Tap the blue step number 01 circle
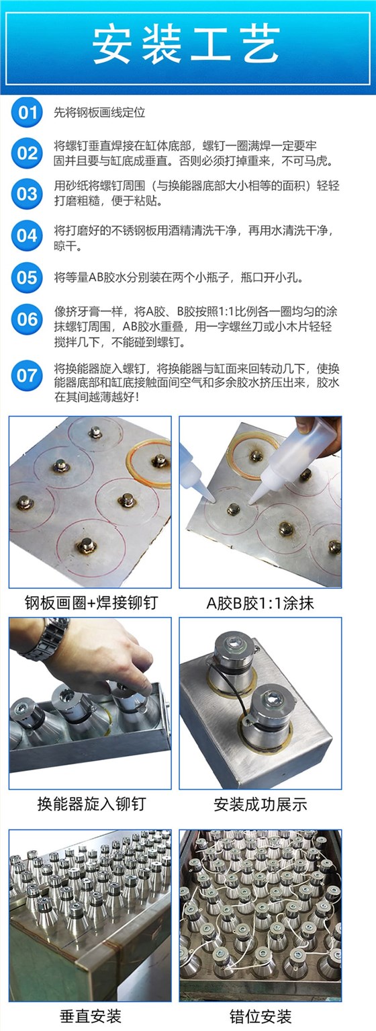pyautogui.click(x=27, y=112)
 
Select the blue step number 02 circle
pyautogui.click(x=27, y=153)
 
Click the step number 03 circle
pyautogui.click(x=27, y=194)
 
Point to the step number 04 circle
pyautogui.click(x=27, y=236)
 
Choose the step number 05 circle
pyautogui.click(x=27, y=278)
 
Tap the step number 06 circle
pyautogui.click(x=27, y=319)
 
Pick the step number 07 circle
pyautogui.click(x=27, y=376)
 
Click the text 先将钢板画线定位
pyautogui.click(x=99, y=112)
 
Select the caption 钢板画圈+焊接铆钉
pyautogui.click(x=91, y=602)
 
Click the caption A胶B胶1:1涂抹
pyautogui.click(x=260, y=603)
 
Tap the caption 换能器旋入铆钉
pyautogui.click(x=91, y=804)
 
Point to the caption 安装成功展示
pyautogui.click(x=260, y=805)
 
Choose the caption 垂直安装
pyautogui.click(x=91, y=1016)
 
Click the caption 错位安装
pyautogui.click(x=261, y=1016)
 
